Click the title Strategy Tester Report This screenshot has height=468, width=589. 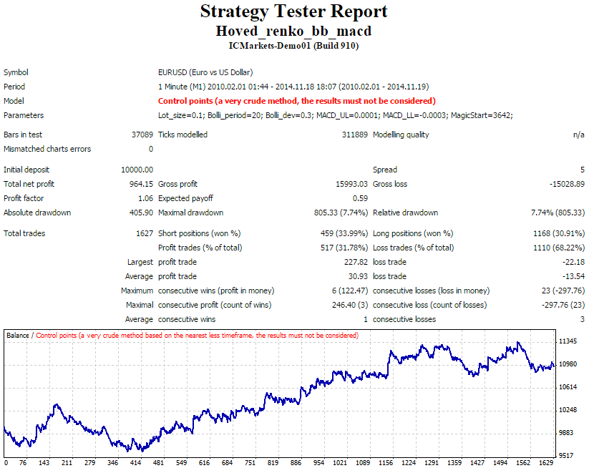click(293, 11)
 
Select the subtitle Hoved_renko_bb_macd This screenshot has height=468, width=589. click(293, 31)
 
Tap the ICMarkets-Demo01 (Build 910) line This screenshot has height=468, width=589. click(293, 46)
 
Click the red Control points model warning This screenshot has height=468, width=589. click(297, 101)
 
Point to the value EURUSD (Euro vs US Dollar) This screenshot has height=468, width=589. click(205, 72)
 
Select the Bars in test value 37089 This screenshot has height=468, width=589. click(142, 135)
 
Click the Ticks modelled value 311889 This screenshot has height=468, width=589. click(354, 135)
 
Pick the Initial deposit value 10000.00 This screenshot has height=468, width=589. click(137, 170)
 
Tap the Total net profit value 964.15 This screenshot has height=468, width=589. click(141, 184)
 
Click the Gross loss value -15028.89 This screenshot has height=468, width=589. click(567, 184)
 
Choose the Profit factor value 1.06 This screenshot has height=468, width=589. click(146, 198)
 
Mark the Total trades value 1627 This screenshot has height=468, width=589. click(145, 233)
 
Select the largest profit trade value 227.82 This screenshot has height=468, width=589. click(356, 262)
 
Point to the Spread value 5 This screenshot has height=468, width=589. click(583, 170)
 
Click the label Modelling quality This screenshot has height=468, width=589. click(401, 135)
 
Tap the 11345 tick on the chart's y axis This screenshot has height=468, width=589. click(568, 341)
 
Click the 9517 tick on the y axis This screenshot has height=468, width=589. click(566, 456)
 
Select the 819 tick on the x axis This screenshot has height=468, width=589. click(273, 463)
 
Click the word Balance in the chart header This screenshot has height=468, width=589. click(18, 336)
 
